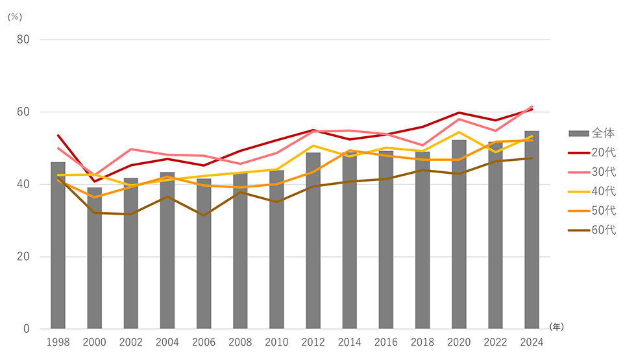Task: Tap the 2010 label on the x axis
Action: (x=276, y=342)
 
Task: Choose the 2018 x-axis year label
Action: (x=422, y=342)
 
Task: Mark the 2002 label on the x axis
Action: (x=131, y=342)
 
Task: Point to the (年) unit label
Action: (x=556, y=327)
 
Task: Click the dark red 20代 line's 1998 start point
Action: (x=58, y=136)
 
